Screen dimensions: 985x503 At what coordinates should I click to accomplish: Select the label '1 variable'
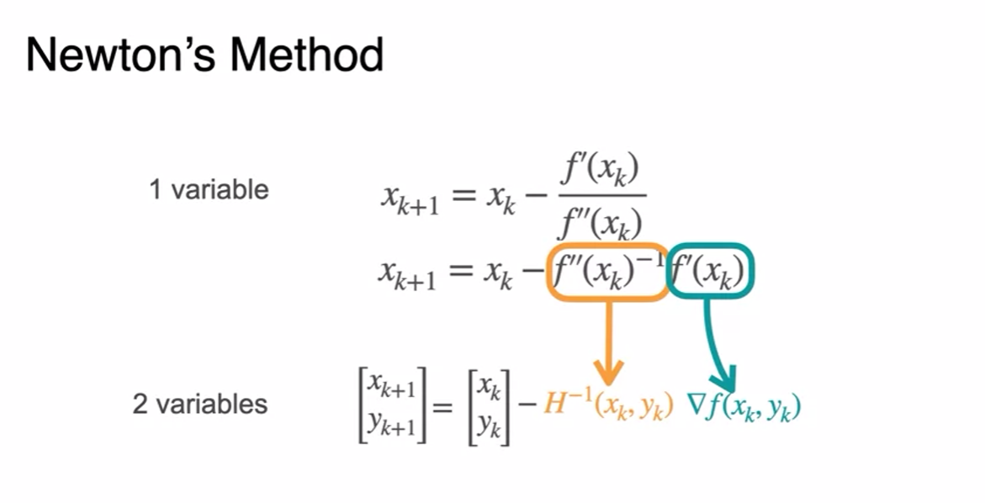(x=209, y=189)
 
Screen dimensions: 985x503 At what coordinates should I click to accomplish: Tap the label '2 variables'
(x=200, y=404)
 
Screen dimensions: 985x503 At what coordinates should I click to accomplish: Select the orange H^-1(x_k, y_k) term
(x=607, y=407)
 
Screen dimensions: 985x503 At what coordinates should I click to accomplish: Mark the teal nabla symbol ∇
(x=696, y=405)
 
